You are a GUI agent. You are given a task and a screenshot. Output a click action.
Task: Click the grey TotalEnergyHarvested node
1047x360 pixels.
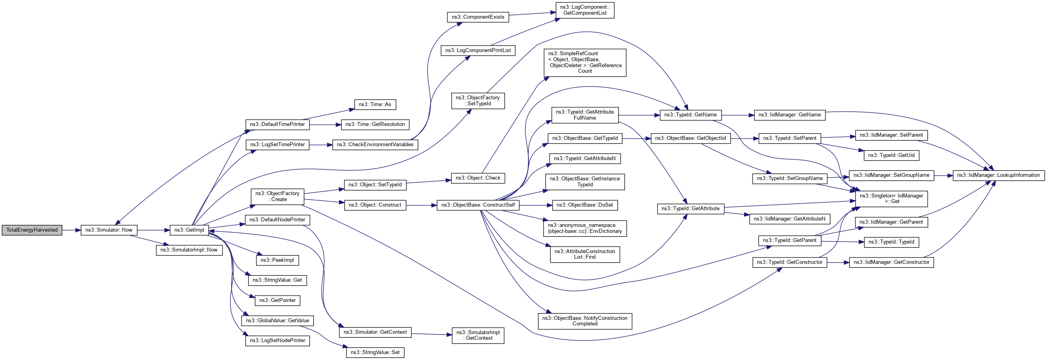[32, 230]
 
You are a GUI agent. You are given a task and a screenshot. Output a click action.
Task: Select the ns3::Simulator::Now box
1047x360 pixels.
[108, 230]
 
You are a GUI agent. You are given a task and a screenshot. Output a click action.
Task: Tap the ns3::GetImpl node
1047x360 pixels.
[189, 230]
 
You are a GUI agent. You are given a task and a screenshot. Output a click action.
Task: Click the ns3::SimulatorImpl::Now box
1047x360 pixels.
[189, 250]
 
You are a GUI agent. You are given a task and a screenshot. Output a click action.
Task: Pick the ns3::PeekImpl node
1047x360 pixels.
[277, 260]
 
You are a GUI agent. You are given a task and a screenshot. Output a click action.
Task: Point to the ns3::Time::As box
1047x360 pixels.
[374, 105]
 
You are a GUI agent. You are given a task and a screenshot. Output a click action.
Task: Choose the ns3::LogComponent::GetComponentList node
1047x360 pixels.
[584, 10]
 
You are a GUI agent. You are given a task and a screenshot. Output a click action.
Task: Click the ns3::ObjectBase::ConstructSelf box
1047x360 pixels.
[478, 205]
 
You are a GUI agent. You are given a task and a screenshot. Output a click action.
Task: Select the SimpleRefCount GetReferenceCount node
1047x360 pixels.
[584, 62]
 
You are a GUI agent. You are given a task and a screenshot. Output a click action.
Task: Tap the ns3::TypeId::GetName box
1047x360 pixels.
[690, 115]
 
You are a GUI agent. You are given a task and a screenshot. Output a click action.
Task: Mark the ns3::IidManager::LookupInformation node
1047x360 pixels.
[998, 175]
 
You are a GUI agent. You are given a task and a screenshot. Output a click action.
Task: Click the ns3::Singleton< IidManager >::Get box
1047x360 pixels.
[891, 199]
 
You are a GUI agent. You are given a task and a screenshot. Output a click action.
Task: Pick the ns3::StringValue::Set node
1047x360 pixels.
[375, 352]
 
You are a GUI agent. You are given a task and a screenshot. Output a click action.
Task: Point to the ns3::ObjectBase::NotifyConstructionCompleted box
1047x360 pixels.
[584, 321]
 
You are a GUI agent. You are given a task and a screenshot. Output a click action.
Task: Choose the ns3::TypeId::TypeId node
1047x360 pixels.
[891, 242]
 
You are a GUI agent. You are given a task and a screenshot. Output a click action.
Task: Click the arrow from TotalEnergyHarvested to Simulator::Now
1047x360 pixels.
[72, 230]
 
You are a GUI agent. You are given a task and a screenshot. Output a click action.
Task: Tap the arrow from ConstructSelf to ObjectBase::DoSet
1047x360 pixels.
[535, 205]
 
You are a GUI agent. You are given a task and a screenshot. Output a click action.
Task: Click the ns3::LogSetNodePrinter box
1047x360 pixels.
[277, 341]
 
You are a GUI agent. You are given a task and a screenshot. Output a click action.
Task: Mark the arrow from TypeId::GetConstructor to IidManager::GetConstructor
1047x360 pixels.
[838, 263]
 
